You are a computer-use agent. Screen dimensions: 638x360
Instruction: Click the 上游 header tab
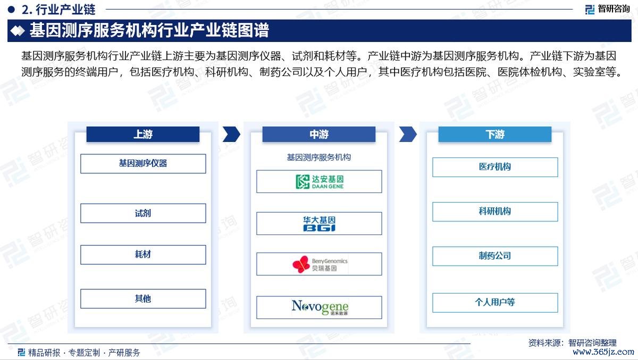(142, 134)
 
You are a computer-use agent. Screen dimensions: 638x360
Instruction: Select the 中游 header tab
(318, 134)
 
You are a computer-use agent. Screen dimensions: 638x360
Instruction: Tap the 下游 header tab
(495, 134)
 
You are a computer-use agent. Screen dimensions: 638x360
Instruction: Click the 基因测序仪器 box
(143, 164)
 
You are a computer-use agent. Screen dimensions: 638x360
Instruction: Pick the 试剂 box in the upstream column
(143, 213)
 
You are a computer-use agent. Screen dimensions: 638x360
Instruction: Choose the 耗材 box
(143, 255)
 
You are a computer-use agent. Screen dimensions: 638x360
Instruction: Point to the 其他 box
(143, 299)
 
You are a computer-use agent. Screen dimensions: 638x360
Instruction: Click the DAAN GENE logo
(320, 182)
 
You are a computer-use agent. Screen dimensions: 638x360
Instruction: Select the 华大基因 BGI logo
(320, 223)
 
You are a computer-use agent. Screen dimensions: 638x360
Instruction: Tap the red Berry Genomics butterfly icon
(301, 264)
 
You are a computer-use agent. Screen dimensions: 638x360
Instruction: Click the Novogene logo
(320, 307)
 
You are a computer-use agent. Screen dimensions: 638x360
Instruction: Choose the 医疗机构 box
(495, 167)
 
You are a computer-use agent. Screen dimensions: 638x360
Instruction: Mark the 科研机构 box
(495, 212)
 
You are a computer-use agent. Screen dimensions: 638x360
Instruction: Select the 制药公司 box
(495, 256)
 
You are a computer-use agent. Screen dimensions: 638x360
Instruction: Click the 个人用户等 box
(495, 303)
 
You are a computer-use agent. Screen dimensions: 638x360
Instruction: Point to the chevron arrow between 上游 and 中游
(232, 134)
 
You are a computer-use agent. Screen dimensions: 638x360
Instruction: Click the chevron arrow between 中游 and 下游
(408, 134)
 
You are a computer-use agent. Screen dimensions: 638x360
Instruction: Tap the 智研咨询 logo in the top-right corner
(607, 9)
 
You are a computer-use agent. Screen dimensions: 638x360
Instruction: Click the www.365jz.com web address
(603, 352)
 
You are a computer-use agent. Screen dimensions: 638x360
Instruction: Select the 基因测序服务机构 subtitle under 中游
(318, 157)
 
